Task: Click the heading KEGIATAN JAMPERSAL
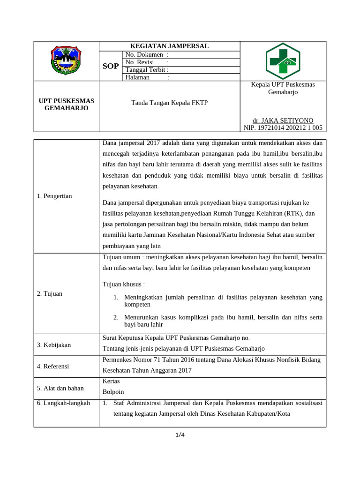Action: (169, 46)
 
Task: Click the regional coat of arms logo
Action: (66, 61)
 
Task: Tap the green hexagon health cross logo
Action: (283, 61)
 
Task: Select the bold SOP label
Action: (111, 66)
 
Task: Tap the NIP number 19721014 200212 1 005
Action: (283, 127)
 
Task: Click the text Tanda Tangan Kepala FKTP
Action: (169, 103)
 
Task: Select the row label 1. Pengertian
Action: (54, 196)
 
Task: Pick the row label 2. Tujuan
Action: (49, 293)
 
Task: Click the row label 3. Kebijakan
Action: (53, 345)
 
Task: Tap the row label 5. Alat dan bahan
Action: (60, 388)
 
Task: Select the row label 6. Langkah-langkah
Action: (63, 403)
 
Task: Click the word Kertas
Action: (111, 382)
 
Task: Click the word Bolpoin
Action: (113, 392)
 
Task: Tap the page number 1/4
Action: (180, 435)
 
